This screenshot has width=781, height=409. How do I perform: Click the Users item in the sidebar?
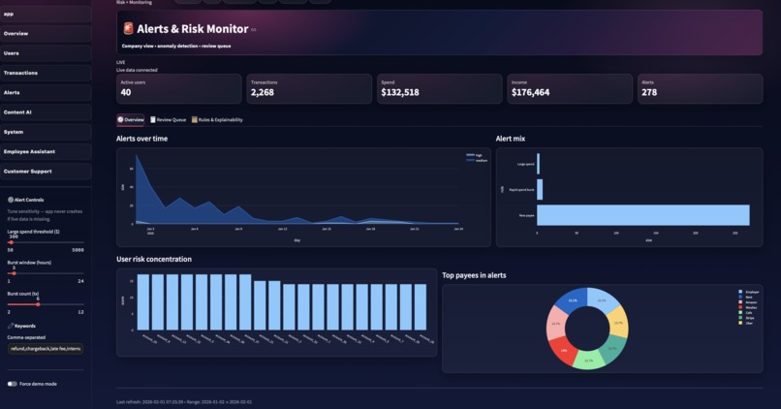pos(12,53)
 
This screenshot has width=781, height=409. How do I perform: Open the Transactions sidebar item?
pos(20,73)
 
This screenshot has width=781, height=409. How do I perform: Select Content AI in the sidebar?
pos(17,112)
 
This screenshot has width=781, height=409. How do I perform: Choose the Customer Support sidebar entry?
pos(27,172)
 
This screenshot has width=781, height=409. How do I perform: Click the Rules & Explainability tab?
pos(217,120)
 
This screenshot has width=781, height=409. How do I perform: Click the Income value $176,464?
pos(530,93)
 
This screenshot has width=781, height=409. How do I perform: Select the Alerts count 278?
pos(649,93)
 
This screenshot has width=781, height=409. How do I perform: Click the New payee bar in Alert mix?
pos(642,214)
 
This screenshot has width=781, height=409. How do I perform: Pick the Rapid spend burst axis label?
pos(521,190)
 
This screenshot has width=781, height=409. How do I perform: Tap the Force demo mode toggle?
pos(13,384)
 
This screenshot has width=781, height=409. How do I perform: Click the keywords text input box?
pos(46,348)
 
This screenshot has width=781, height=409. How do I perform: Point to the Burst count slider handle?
pos(38,304)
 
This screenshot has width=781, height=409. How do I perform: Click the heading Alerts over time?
pos(141,139)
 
